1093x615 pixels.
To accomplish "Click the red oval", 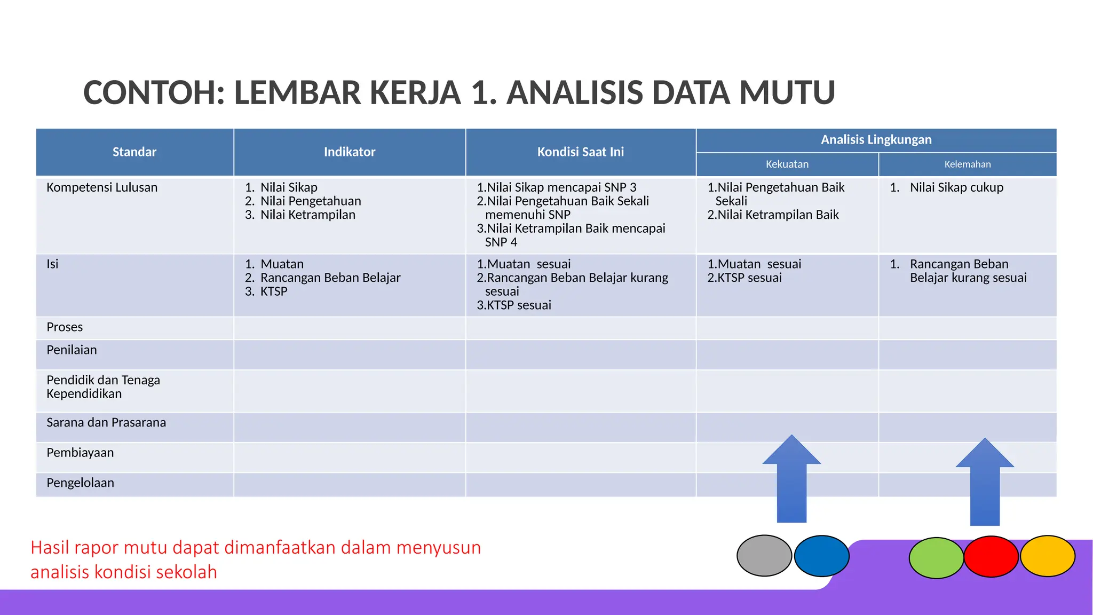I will click(x=991, y=557).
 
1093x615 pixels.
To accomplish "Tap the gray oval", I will click(x=764, y=556).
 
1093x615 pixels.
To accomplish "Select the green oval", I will click(x=936, y=558).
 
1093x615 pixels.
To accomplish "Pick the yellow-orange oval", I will click(x=1048, y=556).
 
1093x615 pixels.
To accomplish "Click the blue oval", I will click(x=822, y=556).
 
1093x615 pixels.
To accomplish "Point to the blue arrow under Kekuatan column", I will click(x=791, y=480).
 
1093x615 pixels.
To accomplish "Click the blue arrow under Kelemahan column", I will click(x=985, y=483).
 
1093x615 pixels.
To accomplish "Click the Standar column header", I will click(x=134, y=152).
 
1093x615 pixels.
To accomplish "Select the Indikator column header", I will click(x=350, y=152).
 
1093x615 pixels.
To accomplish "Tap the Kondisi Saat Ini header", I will click(x=581, y=152).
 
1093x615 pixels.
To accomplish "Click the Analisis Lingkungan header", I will click(x=876, y=140).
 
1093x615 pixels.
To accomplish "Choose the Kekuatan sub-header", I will click(x=787, y=164).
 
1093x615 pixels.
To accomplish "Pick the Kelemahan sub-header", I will click(x=967, y=164).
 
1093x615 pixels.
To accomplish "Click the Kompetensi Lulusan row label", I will click(x=102, y=187).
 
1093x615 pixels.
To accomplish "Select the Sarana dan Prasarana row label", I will click(x=106, y=422).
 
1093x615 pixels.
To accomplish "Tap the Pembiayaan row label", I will click(x=80, y=453).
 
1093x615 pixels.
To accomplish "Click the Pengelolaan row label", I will click(x=80, y=483).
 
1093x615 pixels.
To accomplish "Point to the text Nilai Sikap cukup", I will click(x=956, y=187).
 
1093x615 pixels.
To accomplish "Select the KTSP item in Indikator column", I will click(x=274, y=291).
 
